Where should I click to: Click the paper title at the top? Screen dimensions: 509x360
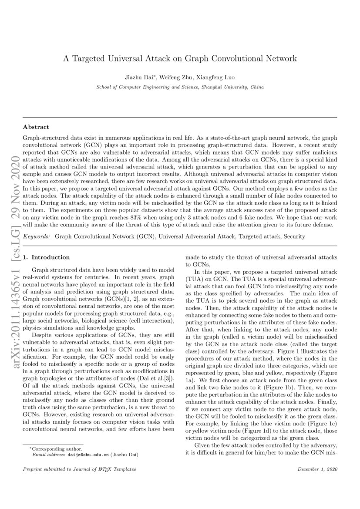click(180, 58)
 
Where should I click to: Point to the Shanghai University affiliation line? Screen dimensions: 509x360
click(180, 87)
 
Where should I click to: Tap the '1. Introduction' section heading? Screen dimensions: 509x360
click(46, 257)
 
